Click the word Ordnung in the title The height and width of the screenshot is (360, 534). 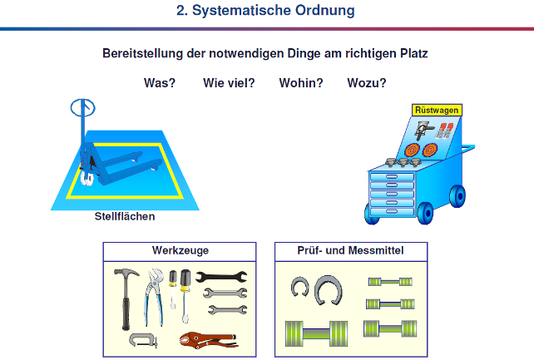tap(324, 11)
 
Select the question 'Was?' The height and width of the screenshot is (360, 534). tap(160, 83)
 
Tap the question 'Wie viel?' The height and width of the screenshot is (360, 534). tap(229, 83)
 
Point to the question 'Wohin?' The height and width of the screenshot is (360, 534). tap(301, 83)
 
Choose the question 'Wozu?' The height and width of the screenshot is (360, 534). tap(367, 83)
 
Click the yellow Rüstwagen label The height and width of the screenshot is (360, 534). tap(437, 111)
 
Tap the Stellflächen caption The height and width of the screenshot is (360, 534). tap(125, 216)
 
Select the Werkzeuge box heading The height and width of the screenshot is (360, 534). tap(180, 250)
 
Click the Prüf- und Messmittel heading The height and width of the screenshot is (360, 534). tap(350, 250)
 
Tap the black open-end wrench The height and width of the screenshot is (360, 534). tap(221, 277)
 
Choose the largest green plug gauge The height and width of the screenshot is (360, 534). tap(316, 333)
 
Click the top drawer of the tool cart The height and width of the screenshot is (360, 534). tap(392, 176)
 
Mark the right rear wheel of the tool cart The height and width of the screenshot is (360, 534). tap(458, 196)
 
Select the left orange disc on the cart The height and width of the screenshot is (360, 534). tap(412, 150)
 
